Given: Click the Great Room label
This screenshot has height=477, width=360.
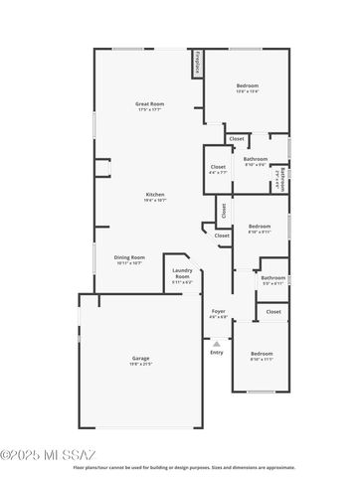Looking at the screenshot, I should point(149,103).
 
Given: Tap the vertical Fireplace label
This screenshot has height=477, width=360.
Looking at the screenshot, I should point(198,63).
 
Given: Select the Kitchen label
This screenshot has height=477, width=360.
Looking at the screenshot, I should point(155,194).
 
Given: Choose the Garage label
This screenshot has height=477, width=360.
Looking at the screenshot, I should point(141,358).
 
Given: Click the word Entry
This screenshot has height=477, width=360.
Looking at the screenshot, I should point(217,352).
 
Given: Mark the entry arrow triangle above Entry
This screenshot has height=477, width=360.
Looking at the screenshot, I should point(217,342).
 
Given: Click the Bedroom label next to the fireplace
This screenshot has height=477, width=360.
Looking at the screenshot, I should point(248,86).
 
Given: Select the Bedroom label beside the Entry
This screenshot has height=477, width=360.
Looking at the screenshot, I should point(262,354).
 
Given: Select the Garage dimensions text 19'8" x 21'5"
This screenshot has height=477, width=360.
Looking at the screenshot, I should point(141,365).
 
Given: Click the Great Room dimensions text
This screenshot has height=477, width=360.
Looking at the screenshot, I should point(149,109).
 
